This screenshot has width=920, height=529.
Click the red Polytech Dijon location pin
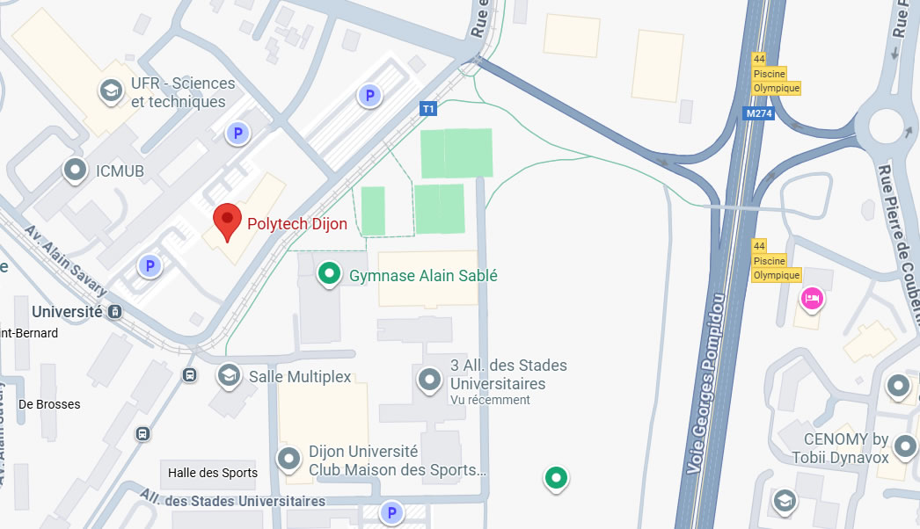pos(228,221)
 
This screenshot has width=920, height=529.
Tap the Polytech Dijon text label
pos(296,224)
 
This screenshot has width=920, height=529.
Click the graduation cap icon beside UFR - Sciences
pos(111,91)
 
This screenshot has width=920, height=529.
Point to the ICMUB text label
pos(120,171)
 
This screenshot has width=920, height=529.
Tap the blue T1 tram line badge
pos(428,109)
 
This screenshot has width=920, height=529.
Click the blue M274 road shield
pos(756,113)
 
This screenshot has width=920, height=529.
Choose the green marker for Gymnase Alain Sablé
pos(329,274)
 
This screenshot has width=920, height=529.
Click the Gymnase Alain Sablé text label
pos(423,276)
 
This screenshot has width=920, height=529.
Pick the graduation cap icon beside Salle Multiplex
pos(229,376)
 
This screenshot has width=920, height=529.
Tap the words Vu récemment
pos(490,400)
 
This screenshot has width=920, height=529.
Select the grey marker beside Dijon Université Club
pos(288,459)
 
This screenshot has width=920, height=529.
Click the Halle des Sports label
pos(213,473)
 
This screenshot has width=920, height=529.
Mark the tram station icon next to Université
pos(114,312)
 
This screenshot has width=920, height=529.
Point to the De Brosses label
pos(49,404)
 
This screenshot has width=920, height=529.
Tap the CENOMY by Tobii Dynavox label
pos(846,447)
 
